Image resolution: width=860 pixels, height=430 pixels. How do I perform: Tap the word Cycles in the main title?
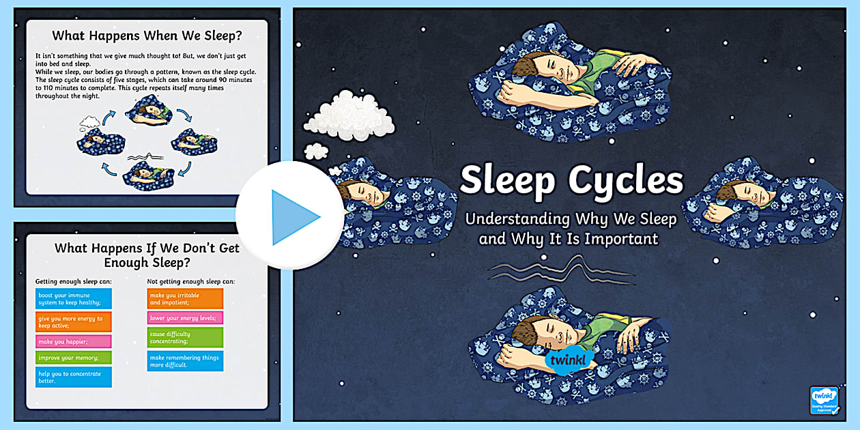627,180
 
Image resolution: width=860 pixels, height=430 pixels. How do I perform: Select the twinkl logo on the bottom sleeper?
570,360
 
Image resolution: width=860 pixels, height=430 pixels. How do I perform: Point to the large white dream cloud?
349,114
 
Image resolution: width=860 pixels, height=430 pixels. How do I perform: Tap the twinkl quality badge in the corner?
824,401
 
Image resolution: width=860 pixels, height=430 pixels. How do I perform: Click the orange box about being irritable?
185,298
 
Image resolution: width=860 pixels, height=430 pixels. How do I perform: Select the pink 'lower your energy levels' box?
185,317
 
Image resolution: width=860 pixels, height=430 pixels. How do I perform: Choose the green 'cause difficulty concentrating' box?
185,337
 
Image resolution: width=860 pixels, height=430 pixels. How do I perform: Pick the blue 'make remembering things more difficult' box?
185,361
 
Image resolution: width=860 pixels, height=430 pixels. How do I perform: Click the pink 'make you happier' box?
73,341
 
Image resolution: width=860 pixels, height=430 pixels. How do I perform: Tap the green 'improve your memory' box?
73,357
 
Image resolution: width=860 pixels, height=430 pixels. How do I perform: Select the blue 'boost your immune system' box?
73,298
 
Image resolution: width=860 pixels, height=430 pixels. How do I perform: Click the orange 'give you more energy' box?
73,321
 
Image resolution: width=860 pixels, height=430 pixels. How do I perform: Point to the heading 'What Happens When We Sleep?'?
147,35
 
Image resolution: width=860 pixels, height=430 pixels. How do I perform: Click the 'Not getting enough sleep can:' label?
190,281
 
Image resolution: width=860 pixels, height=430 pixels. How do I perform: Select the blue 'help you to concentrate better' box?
73,377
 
